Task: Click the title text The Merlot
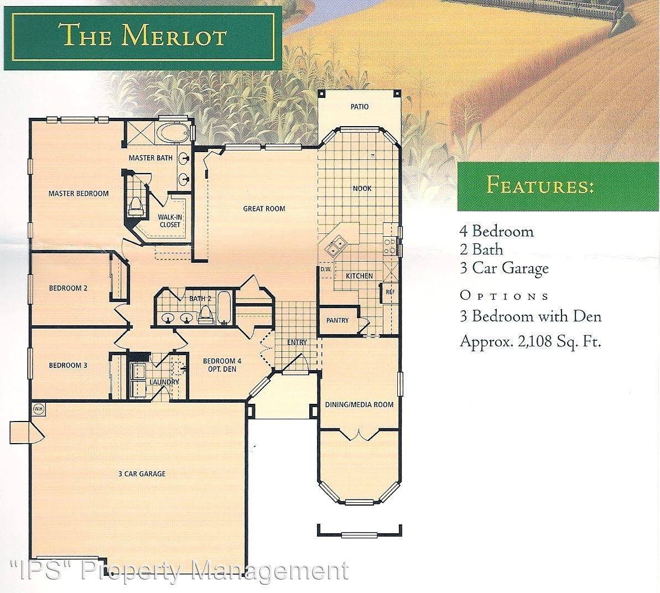pos(144,35)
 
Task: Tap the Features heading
pos(540,185)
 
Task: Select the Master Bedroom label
pos(78,194)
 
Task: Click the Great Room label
pos(264,209)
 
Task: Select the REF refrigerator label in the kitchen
pos(389,293)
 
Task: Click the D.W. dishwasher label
pos(325,269)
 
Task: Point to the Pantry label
pos(337,320)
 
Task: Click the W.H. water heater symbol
pos(38,409)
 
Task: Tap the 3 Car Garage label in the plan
pos(142,474)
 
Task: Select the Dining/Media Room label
pos(359,404)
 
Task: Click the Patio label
pos(359,107)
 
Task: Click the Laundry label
pos(164,382)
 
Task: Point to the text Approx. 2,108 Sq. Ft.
pos(530,341)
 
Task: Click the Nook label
pos(362,189)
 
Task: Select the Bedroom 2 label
pos(68,288)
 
